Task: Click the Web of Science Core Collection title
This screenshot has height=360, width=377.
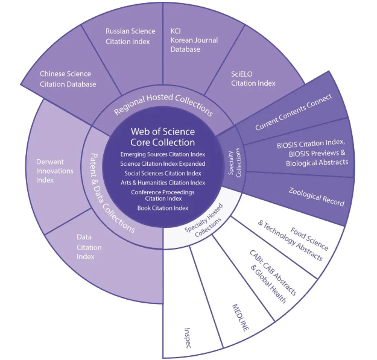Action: (x=163, y=137)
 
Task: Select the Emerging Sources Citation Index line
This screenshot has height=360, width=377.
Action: (x=163, y=154)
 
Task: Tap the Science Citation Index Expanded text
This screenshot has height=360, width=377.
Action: (x=163, y=164)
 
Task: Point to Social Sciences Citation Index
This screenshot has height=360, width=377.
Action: (x=163, y=173)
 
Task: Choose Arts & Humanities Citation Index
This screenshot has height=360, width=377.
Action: (x=163, y=183)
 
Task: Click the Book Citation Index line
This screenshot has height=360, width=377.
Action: (x=163, y=208)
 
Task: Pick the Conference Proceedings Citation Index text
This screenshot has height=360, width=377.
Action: (x=163, y=195)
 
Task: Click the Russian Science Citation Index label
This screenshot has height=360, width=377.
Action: (x=130, y=36)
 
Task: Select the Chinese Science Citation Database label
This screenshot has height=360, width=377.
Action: (x=68, y=79)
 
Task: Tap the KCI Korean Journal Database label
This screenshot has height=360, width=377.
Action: (x=194, y=40)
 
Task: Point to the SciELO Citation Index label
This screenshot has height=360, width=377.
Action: (x=253, y=78)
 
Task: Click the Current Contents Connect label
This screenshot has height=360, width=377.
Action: (x=294, y=112)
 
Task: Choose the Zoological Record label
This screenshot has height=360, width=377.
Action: (x=317, y=197)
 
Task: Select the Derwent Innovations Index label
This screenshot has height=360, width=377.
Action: (x=55, y=171)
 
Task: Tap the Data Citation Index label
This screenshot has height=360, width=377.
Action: (x=89, y=247)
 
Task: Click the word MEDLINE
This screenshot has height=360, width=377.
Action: (x=241, y=317)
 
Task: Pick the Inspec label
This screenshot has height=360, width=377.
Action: (x=188, y=338)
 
